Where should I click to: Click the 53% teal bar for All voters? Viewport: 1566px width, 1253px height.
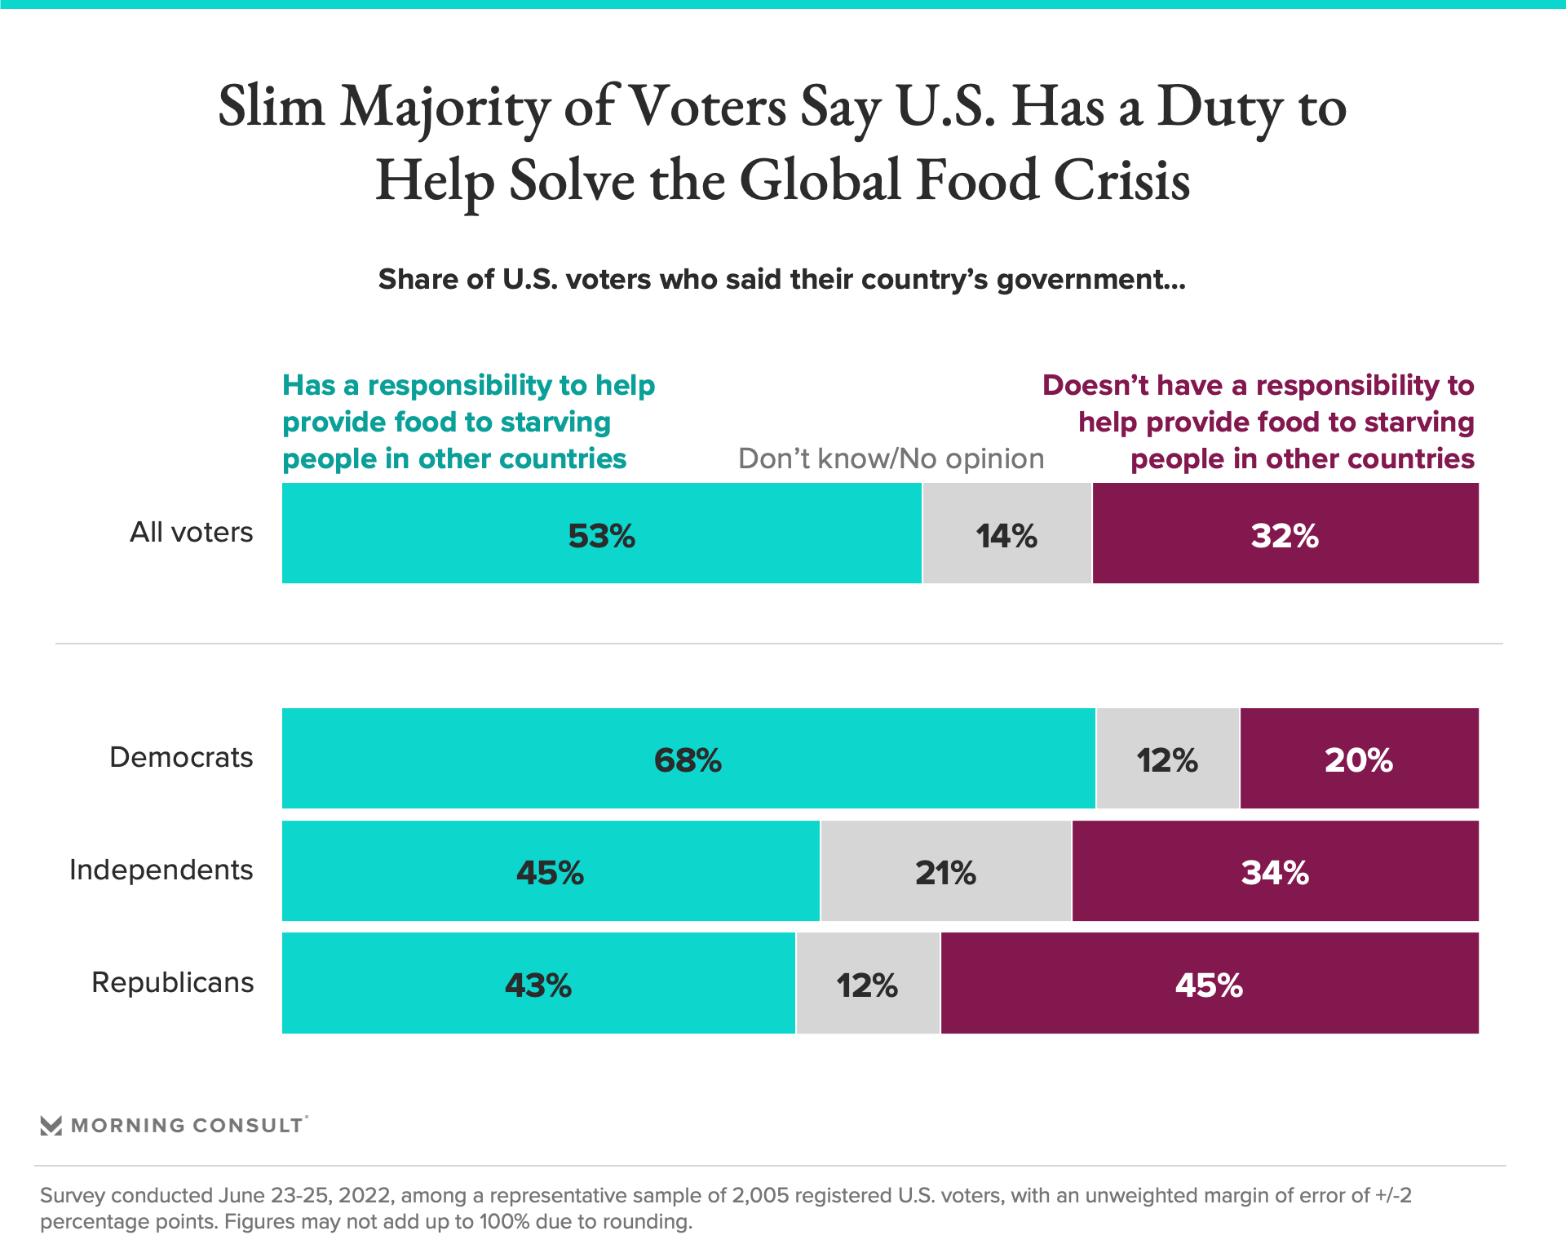click(601, 534)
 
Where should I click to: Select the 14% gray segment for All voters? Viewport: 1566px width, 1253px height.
click(1006, 534)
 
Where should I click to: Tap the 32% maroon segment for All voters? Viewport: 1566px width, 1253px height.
click(1285, 534)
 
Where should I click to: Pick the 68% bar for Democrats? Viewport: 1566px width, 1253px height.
click(688, 759)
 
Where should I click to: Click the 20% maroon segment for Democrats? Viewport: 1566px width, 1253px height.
click(1358, 759)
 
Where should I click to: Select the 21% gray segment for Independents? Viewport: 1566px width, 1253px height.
click(945, 871)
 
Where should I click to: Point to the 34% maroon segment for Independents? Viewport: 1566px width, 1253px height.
click(1275, 871)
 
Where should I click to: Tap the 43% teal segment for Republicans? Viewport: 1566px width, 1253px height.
click(538, 984)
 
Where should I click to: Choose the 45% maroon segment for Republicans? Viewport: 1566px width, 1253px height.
click(1209, 984)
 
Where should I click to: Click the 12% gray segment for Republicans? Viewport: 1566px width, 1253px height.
click(867, 984)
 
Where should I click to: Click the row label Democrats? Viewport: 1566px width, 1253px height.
click(181, 758)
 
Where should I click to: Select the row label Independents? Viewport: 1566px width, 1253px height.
click(161, 870)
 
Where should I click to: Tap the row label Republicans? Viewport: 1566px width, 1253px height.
click(172, 983)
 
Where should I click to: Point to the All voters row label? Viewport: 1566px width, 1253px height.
click(191, 533)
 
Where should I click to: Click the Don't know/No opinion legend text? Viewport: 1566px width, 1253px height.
click(891, 459)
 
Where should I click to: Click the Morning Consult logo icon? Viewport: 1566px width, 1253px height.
click(51, 1126)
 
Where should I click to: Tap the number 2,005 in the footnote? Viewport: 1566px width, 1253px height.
click(760, 1196)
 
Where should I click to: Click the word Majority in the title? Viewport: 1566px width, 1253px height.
click(445, 108)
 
